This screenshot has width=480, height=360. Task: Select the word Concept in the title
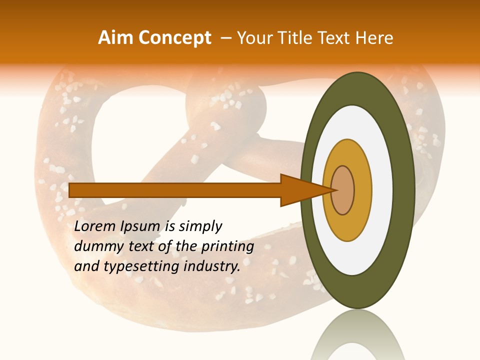pyautogui.click(x=174, y=38)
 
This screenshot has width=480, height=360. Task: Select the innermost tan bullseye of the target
pyautogui.click(x=343, y=190)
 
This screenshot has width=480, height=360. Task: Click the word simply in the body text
pyautogui.click(x=200, y=226)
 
